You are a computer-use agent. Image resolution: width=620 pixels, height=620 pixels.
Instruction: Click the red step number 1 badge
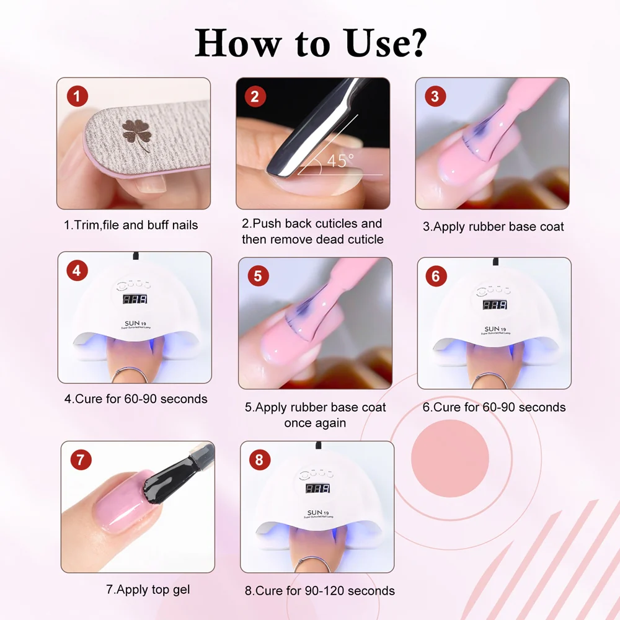coord(76,96)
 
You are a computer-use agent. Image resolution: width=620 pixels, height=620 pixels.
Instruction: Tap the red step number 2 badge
coord(255,96)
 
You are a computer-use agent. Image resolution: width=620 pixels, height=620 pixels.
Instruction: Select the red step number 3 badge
coord(435,96)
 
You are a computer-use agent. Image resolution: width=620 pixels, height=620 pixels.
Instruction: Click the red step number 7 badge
coord(80,459)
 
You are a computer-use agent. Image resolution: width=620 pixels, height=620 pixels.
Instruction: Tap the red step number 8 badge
coord(259,459)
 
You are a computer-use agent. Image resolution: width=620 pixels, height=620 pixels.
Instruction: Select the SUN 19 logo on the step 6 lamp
coord(495,329)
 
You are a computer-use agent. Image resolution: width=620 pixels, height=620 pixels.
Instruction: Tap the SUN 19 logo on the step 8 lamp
coord(317,513)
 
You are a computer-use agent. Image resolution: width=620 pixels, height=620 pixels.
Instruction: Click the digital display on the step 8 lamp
coord(317,489)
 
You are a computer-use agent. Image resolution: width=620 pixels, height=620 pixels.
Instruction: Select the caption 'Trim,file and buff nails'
coord(131,225)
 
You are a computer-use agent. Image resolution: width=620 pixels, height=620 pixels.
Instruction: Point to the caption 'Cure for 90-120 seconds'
coord(319,590)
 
